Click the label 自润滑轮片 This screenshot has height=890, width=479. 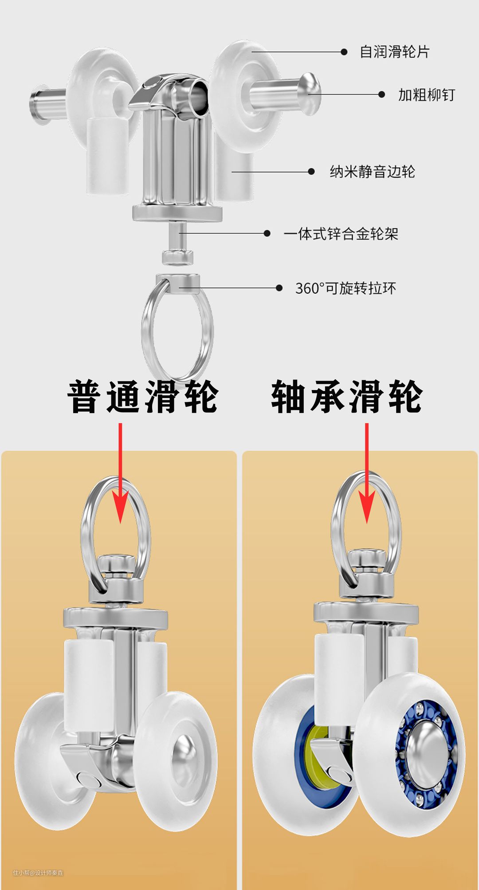click(394, 52)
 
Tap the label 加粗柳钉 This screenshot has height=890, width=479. click(427, 95)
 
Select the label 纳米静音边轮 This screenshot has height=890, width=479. click(372, 172)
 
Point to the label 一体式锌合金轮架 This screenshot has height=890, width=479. click(341, 233)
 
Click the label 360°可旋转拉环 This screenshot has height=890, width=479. click(346, 288)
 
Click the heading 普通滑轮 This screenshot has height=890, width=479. click(143, 397)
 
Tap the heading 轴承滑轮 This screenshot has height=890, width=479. click(347, 397)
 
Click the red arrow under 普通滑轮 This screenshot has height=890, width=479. click(120, 473)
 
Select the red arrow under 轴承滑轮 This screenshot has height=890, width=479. click(367, 473)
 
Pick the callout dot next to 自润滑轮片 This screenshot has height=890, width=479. click(344, 52)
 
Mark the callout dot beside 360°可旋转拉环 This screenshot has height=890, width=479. click(279, 288)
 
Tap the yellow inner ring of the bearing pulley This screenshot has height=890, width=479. click(316, 756)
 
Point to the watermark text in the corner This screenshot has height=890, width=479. click(38, 873)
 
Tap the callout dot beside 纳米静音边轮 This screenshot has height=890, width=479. click(311, 172)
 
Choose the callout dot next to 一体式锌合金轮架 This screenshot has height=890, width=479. click(267, 233)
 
